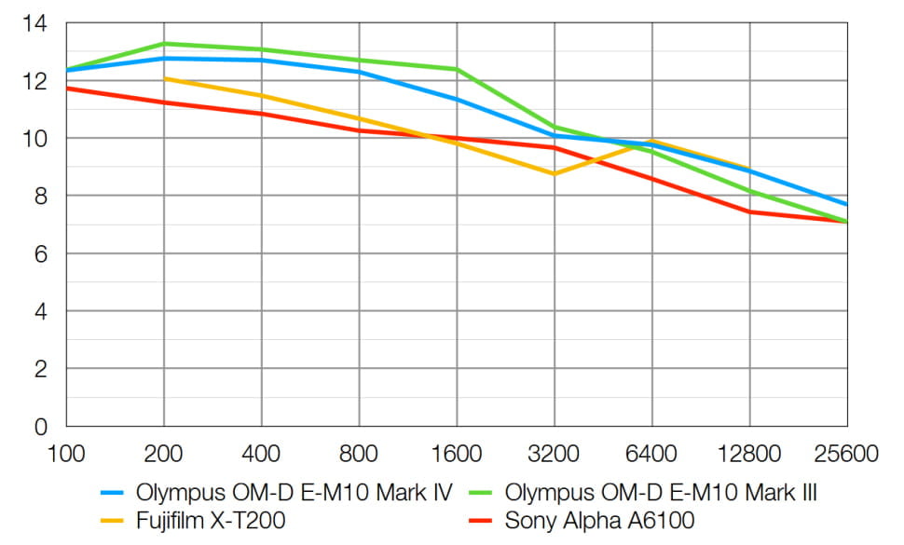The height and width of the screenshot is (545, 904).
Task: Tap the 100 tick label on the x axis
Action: click(65, 455)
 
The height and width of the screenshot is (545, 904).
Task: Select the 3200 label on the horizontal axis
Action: click(554, 455)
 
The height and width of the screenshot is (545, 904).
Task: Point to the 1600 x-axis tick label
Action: click(456, 455)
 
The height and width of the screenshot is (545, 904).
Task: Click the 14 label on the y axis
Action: click(34, 23)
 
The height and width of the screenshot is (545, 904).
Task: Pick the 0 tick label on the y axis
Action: click(40, 427)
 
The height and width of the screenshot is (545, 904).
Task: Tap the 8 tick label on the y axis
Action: click(40, 197)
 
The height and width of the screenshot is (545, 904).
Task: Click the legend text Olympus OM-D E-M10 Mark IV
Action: click(294, 492)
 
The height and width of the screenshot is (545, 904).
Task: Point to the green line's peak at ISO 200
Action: click(164, 44)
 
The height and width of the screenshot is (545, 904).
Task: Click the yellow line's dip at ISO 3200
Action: click(555, 174)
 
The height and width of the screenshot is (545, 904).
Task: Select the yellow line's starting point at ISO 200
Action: click(164, 78)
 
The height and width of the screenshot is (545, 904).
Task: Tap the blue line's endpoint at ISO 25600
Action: click(846, 205)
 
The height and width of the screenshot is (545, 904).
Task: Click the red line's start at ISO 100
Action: click(66, 89)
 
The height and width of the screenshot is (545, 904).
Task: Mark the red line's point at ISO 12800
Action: click(749, 211)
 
